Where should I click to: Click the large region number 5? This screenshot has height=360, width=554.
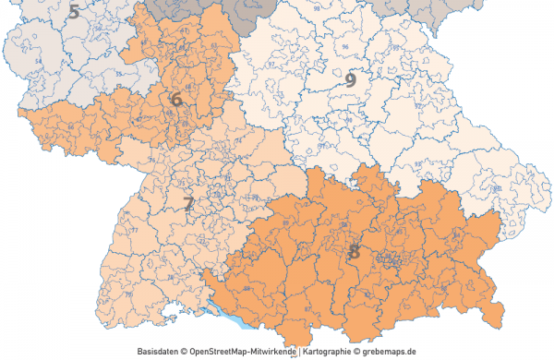click(73, 12)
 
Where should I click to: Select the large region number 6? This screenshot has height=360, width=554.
click(176, 97)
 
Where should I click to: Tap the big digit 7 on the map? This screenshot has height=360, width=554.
click(188, 204)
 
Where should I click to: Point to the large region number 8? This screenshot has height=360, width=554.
click(355, 250)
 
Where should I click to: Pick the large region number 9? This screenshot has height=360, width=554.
click(351, 79)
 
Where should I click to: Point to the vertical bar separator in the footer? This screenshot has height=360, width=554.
click(301, 352)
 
